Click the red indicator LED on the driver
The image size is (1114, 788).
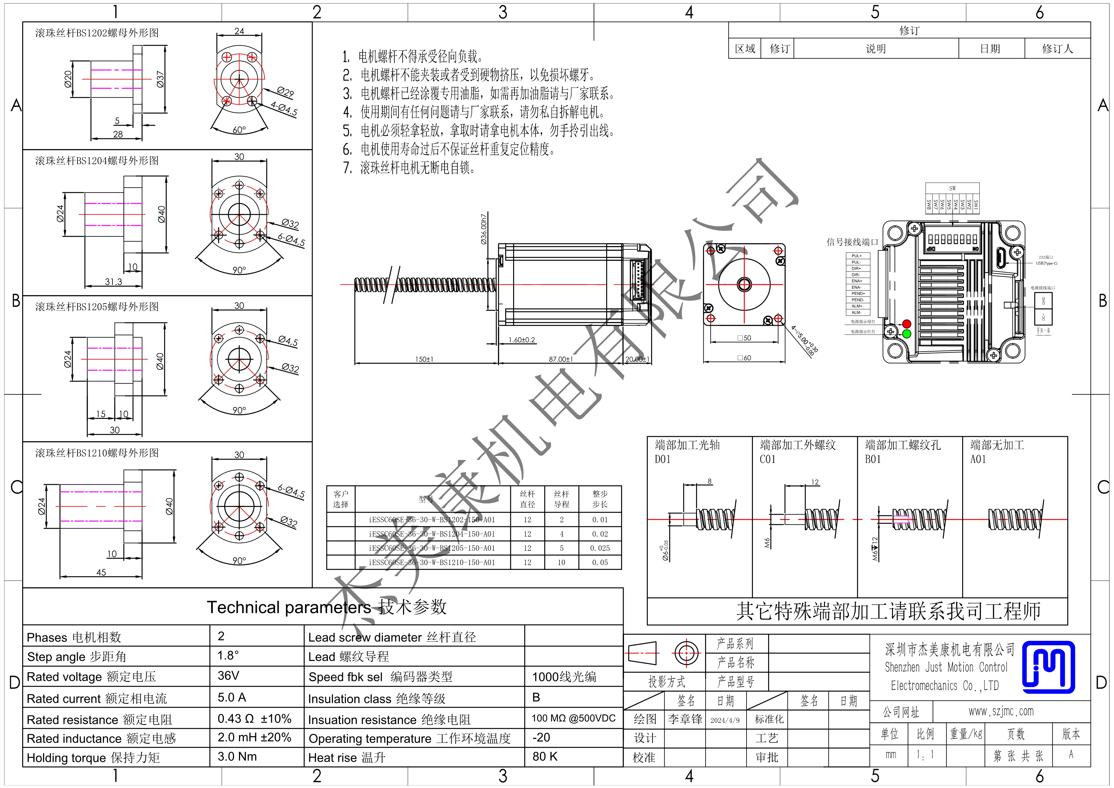coord(906,324)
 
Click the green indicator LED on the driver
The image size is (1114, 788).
coord(906,333)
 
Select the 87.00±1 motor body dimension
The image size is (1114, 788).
coord(560,359)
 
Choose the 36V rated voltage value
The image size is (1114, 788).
coord(228,675)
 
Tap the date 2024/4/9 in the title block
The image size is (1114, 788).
coord(725,720)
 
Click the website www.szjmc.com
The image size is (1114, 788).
coord(1001,711)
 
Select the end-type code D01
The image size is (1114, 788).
coord(662,459)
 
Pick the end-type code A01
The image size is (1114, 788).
coord(978,459)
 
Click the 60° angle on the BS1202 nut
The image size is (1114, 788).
coord(239,130)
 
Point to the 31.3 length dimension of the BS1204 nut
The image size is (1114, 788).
coord(114,282)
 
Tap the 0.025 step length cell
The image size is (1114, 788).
coord(600,548)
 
